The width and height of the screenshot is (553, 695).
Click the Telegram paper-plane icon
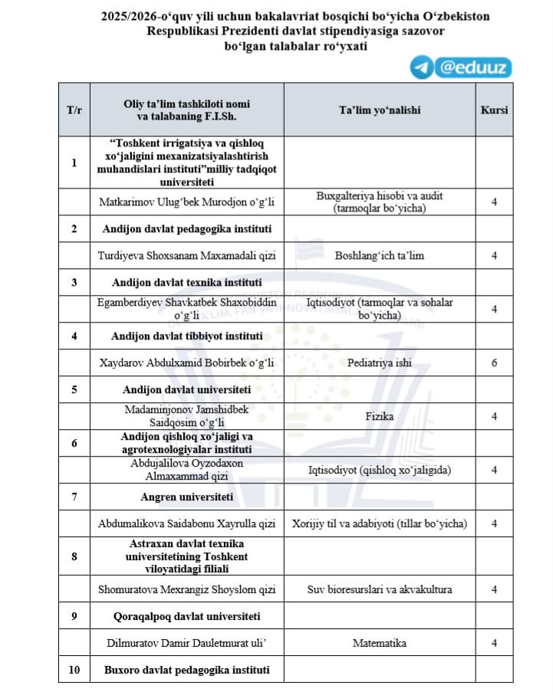point(420,67)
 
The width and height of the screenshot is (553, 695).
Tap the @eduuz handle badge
point(472,67)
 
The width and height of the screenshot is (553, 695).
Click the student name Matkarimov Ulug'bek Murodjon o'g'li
point(187,202)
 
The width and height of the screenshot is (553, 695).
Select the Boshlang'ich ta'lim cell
point(380,255)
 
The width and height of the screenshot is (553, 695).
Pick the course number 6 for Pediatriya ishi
point(494,362)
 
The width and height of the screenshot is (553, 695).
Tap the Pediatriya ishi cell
point(380,362)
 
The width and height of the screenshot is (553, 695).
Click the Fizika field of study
point(380,416)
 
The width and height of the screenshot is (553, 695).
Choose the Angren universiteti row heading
point(187,497)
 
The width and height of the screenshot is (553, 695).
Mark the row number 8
point(74,556)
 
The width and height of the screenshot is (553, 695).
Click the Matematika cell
point(380,643)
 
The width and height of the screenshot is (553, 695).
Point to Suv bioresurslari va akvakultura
point(380,589)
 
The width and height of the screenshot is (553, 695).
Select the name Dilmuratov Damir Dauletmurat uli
point(187,643)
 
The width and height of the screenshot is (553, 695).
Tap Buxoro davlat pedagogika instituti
point(187,670)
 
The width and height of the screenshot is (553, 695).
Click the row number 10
point(74,670)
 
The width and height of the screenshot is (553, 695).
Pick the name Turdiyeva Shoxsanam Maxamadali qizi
point(187,255)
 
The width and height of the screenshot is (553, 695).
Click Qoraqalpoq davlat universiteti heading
point(187,616)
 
